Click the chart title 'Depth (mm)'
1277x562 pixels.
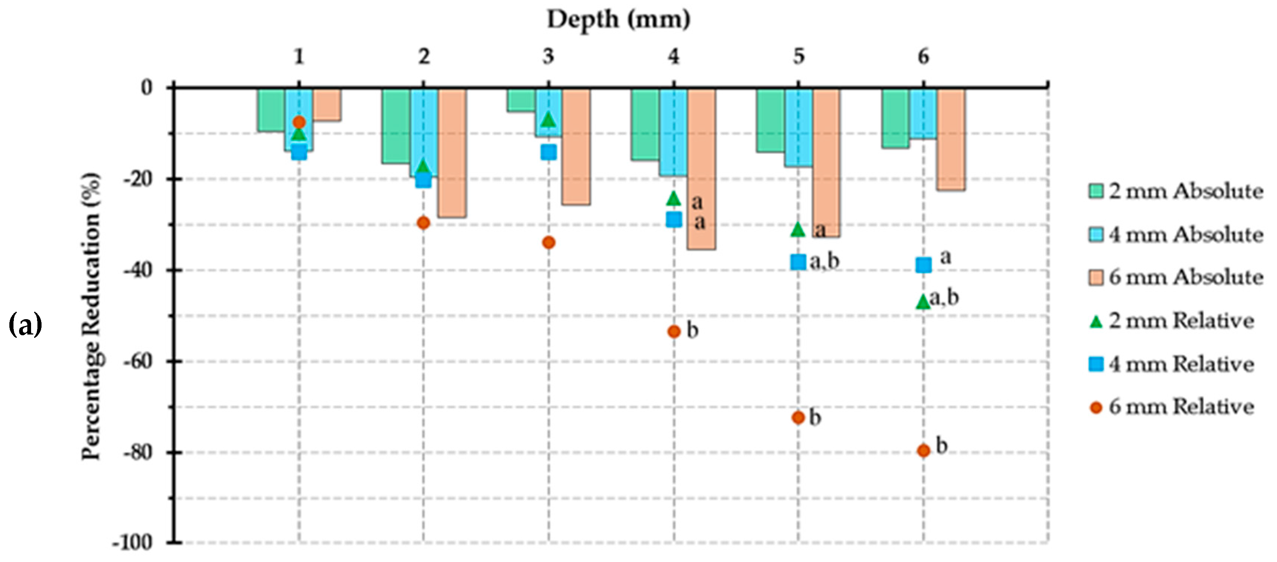618,20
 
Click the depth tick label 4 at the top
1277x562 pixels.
673,57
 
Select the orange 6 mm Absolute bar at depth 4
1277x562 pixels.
701,168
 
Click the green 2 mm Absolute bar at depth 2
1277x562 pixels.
396,126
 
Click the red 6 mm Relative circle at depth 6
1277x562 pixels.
923,450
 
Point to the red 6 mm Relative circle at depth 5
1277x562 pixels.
798,417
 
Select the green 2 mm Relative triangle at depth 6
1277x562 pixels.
923,301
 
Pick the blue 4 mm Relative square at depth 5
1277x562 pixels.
798,262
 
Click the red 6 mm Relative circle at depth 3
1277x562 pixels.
548,242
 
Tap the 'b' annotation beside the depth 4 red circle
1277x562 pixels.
692,330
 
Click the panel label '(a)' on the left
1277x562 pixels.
25,326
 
